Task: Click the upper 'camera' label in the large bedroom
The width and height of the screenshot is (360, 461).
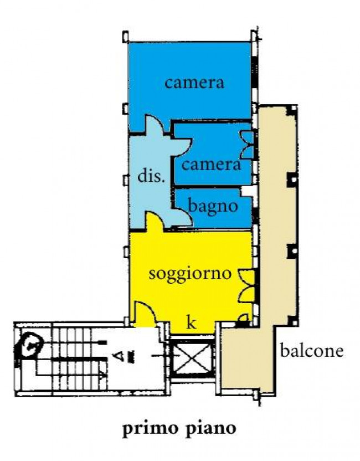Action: [x=194, y=83]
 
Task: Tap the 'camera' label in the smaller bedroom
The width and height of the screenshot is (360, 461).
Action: [x=211, y=165]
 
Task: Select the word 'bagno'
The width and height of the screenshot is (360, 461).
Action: [x=213, y=206]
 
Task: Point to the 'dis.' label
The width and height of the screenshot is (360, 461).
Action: [x=151, y=177]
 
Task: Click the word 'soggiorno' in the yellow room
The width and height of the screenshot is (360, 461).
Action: [x=189, y=274]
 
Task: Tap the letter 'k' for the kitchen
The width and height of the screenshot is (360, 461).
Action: [x=191, y=324]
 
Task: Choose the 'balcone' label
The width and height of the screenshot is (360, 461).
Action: [x=312, y=350]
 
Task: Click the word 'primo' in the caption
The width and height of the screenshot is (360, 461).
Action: [x=147, y=428]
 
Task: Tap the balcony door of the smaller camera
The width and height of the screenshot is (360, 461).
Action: [x=247, y=144]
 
